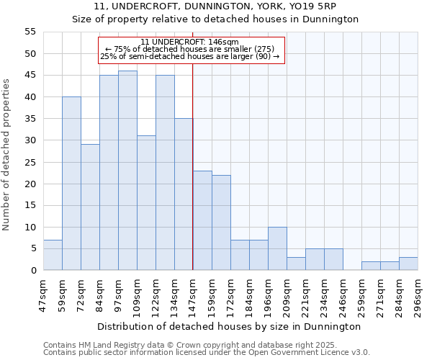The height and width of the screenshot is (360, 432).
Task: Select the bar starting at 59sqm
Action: click(71, 184)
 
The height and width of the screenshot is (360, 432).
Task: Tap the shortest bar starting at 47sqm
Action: click(53, 255)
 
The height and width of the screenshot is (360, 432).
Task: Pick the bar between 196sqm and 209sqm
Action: click(277, 248)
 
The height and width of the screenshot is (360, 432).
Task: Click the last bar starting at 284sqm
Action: click(408, 264)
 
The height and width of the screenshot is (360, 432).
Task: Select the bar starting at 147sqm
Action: click(202, 220)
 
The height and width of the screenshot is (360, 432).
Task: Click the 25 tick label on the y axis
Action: click(30, 162)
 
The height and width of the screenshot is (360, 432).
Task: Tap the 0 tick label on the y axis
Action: click(33, 271)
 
